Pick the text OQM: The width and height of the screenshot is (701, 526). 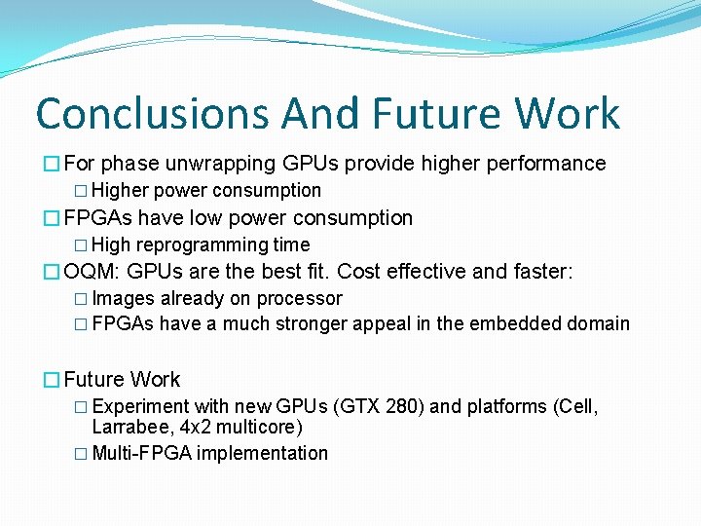coord(92,272)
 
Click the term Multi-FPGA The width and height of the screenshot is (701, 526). coord(141,453)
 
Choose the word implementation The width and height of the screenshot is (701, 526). coord(263,453)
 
